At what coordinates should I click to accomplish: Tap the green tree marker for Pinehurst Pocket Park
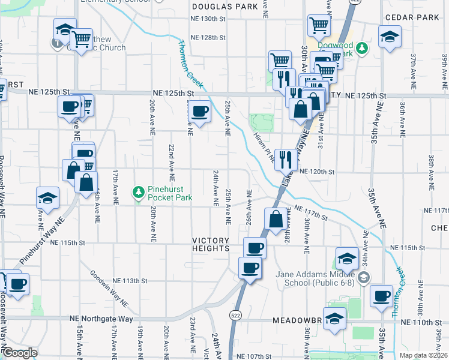pos(139,192)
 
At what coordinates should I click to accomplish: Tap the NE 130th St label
pos(208,19)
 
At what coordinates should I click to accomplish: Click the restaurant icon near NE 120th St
pos(285,159)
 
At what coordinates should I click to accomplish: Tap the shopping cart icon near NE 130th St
pos(319,25)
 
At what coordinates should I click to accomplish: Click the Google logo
pos(19,353)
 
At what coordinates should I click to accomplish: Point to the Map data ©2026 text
pos(424,355)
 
